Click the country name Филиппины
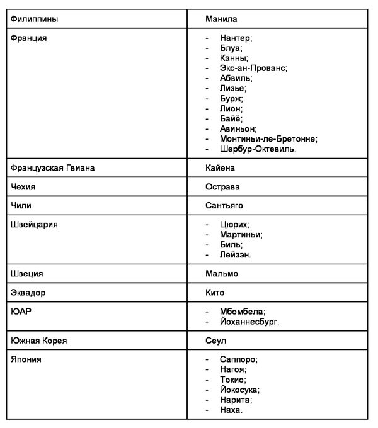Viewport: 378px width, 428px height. [35, 20]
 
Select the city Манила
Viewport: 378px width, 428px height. [221, 20]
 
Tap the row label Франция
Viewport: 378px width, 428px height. [29, 38]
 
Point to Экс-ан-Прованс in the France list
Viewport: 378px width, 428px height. [253, 68]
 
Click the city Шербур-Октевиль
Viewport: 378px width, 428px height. [258, 149]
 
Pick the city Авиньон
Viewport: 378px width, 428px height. [239, 128]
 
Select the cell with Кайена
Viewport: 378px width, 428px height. [220, 168]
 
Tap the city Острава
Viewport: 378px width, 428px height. [222, 187]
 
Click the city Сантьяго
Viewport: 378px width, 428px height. [224, 205]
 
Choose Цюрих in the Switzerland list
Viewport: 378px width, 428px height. [235, 224]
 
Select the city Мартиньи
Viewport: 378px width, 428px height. [241, 234]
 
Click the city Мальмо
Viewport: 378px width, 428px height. [222, 274]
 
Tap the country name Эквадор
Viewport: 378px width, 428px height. [28, 293]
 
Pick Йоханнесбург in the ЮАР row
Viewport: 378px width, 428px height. [249, 321]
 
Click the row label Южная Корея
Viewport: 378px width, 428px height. [39, 341]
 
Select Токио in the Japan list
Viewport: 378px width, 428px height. [233, 380]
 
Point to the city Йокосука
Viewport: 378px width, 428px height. [240, 390]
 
